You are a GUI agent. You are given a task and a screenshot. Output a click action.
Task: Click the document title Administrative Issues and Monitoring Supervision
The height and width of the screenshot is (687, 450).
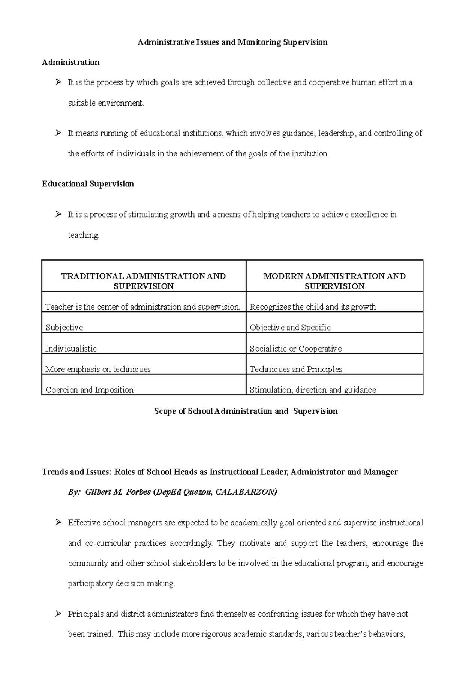point(232,42)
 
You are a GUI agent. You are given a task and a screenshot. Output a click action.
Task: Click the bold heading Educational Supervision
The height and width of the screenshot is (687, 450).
point(88,184)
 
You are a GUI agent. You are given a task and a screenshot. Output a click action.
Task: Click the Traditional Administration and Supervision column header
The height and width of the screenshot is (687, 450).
point(143,281)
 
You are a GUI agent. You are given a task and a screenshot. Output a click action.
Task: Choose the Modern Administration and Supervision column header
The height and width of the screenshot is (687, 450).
point(334,281)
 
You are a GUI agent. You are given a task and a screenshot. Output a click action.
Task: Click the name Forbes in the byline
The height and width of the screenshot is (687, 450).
point(138,492)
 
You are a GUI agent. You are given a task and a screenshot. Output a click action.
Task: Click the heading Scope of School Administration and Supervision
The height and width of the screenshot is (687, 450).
point(246,411)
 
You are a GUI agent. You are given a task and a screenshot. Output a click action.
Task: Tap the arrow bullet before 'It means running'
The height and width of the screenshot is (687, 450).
point(58,133)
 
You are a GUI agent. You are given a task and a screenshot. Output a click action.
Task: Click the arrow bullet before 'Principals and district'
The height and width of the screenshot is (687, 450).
point(58,614)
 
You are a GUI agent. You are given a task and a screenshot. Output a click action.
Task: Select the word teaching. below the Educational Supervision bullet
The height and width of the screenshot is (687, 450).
point(84,235)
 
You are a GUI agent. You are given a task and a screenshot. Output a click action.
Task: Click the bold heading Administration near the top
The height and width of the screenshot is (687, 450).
point(70,63)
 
